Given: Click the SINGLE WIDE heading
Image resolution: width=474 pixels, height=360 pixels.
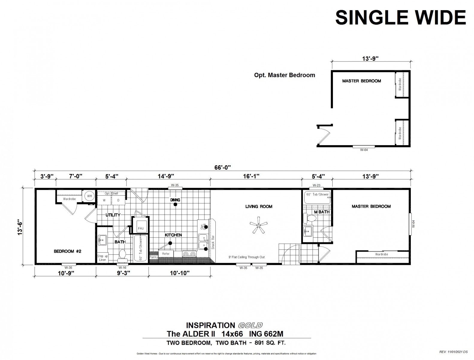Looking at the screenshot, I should coord(400,17).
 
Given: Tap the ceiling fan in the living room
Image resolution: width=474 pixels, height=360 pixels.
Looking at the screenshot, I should coord(259,226).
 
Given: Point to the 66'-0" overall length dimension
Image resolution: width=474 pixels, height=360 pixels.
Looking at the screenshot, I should coord(223,168).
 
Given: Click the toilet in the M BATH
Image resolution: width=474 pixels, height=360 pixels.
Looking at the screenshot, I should coord(309,218).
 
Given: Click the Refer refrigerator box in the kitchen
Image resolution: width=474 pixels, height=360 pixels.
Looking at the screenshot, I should coord(166,254).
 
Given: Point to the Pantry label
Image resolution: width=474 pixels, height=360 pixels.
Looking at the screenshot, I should coord(153,257).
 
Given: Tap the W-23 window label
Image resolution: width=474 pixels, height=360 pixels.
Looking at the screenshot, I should coord(316,185).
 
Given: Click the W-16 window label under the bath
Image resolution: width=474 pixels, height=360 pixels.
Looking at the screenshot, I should coord(122,268).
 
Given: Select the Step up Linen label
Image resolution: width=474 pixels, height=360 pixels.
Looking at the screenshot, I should coord(102,258).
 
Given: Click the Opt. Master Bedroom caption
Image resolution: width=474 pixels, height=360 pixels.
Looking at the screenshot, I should coord(284,75).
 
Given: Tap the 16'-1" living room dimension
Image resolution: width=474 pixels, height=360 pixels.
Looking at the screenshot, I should coord(251,176).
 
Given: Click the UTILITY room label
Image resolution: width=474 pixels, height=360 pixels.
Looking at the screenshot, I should coord(113,215).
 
